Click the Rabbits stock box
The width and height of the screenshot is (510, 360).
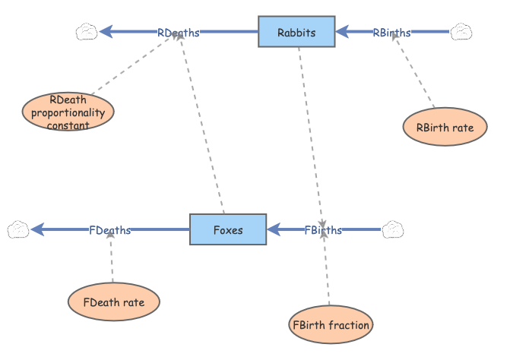(296, 32)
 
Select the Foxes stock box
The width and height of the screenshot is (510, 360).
(227, 229)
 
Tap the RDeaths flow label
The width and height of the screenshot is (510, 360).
(179, 33)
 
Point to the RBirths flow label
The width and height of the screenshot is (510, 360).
(391, 33)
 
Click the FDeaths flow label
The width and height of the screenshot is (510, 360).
(109, 229)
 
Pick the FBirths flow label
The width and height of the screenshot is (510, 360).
(322, 229)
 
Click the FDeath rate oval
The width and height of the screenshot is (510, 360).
(114, 302)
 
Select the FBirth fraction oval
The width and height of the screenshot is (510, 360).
(331, 325)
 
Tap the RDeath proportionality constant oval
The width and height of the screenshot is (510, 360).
(68, 112)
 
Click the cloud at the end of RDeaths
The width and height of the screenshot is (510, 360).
(87, 32)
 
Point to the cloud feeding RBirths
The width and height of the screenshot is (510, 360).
(461, 32)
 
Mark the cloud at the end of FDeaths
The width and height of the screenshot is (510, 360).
(18, 229)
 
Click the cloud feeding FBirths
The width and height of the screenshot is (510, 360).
(392, 229)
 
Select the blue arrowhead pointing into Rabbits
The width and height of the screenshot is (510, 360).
(343, 32)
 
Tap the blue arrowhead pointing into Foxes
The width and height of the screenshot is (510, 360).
(274, 229)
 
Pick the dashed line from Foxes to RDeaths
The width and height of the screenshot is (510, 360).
(201, 129)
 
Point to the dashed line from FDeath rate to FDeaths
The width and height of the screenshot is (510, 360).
(111, 258)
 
